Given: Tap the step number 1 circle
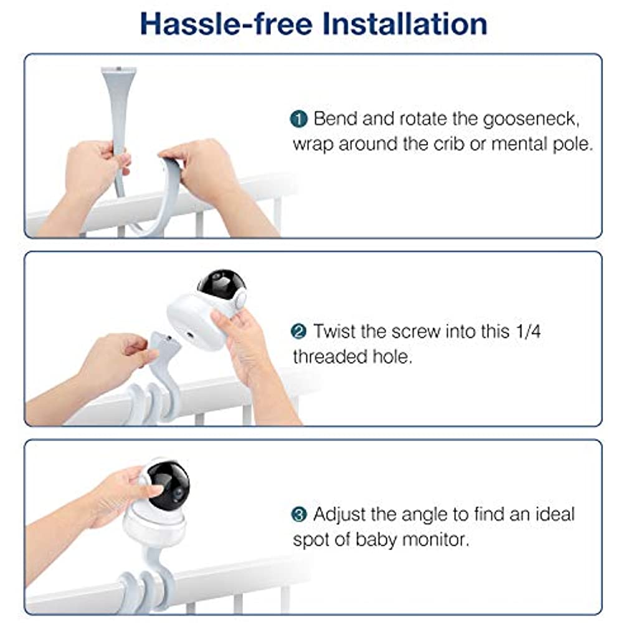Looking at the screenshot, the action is [x=299, y=119].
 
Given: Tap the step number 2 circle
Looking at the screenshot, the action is [x=299, y=331].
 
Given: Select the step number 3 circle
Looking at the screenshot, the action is [x=299, y=514].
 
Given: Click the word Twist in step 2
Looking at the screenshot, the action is [x=335, y=331].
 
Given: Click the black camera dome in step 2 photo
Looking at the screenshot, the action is [x=221, y=286].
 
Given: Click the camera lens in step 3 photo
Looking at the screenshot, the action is [x=178, y=493].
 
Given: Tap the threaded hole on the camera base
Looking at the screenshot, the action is [x=189, y=335].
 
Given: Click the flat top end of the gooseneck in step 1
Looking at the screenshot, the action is [x=118, y=70].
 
